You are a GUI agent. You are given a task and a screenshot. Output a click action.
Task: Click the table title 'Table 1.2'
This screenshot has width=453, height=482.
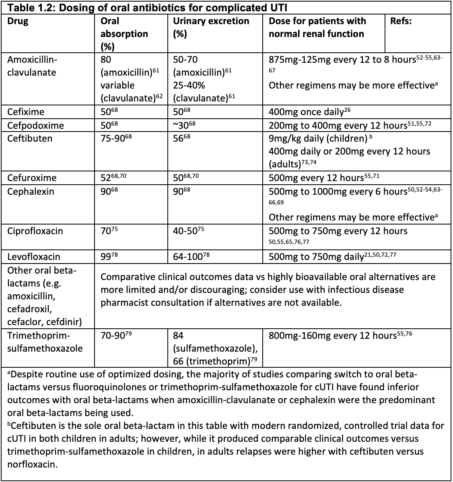[30, 8]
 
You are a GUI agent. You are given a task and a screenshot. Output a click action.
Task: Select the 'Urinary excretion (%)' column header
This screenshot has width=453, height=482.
[211, 27]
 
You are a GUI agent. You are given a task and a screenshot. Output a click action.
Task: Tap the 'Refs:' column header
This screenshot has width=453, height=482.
[401, 21]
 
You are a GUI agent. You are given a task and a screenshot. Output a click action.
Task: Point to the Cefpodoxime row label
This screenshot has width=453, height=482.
[35, 126]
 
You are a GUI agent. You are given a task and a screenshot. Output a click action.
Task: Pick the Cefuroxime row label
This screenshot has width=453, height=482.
[32, 178]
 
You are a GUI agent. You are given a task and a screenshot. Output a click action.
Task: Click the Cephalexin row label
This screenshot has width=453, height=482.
[30, 191]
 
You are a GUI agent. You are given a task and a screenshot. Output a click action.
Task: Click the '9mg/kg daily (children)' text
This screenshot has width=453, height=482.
[318, 138]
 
